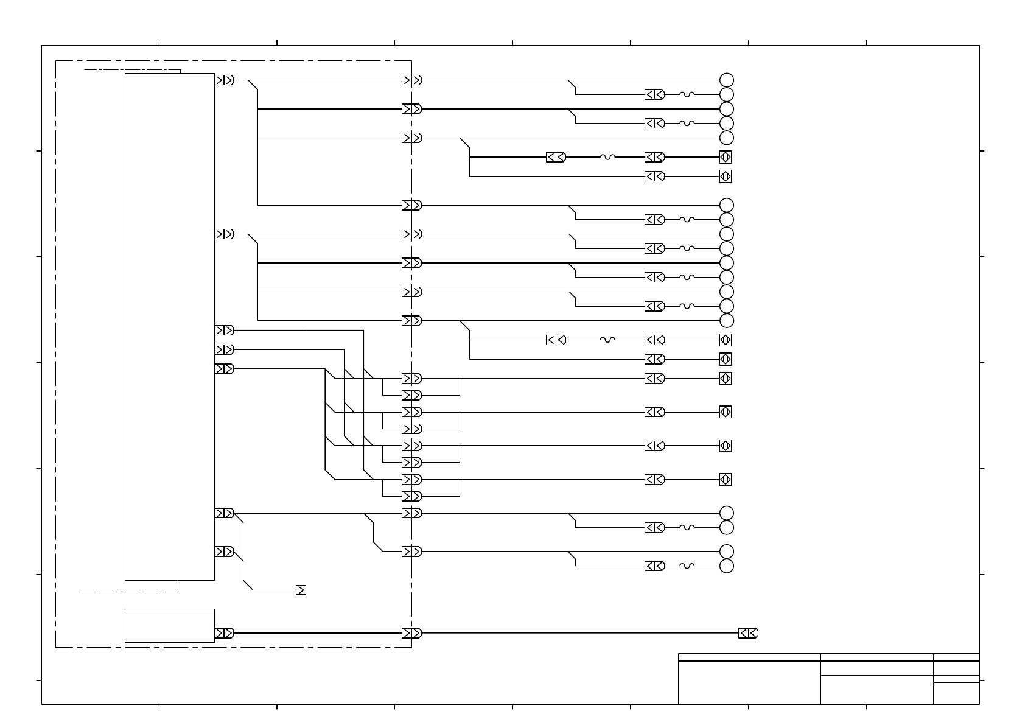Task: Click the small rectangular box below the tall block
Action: pyautogui.click(x=169, y=625)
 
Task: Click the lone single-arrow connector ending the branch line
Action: pyautogui.click(x=301, y=590)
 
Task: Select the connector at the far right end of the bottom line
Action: pyautogui.click(x=748, y=633)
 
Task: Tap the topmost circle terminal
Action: pyautogui.click(x=726, y=80)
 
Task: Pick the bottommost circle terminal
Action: pyautogui.click(x=726, y=566)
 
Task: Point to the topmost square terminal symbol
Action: pyautogui.click(x=725, y=157)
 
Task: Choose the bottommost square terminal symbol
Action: pyautogui.click(x=725, y=479)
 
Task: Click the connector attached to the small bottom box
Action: pyautogui.click(x=224, y=633)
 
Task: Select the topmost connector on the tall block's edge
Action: pyautogui.click(x=224, y=80)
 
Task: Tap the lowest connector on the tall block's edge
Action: pyautogui.click(x=224, y=552)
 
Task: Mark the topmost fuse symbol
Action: pyautogui.click(x=687, y=94)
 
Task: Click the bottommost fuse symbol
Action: pyautogui.click(x=687, y=566)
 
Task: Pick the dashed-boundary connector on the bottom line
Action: pyautogui.click(x=411, y=633)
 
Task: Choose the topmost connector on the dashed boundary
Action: pyautogui.click(x=411, y=80)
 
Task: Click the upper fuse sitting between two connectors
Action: pyautogui.click(x=607, y=157)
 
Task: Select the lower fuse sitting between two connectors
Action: pyautogui.click(x=607, y=340)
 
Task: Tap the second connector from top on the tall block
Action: pyautogui.click(x=224, y=234)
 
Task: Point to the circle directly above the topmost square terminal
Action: pyautogui.click(x=726, y=138)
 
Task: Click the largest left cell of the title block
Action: pyautogui.click(x=749, y=682)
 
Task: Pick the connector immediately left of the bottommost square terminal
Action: pyautogui.click(x=654, y=479)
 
